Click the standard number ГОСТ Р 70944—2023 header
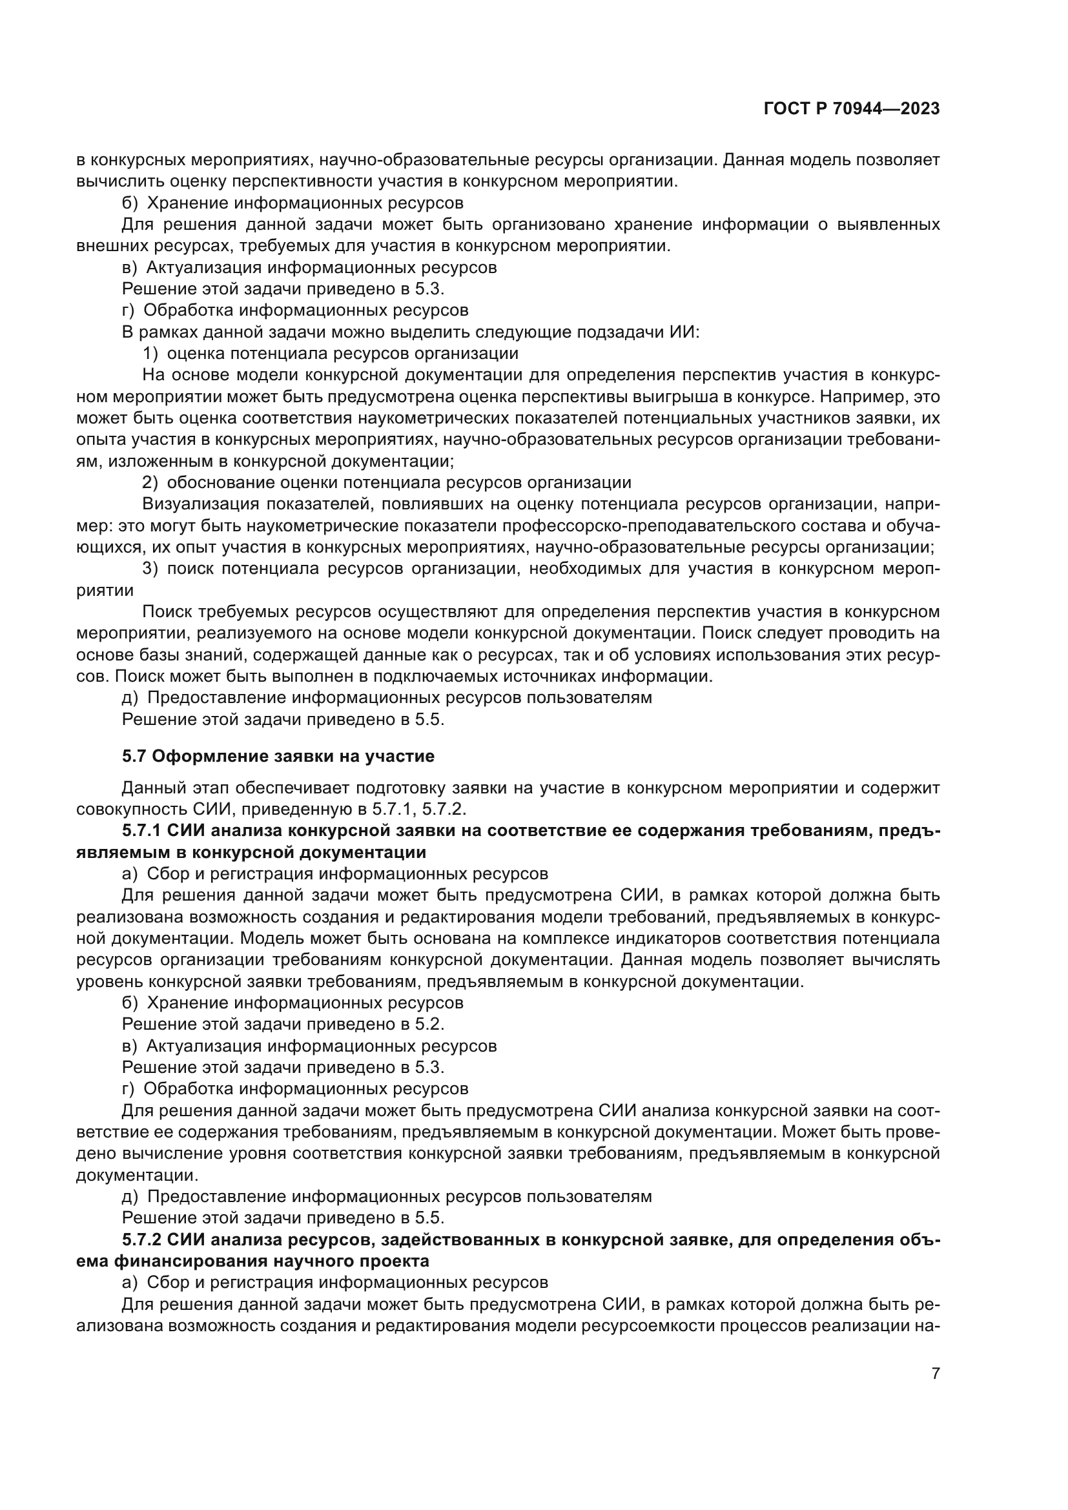[x=851, y=109]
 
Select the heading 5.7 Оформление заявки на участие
[x=278, y=757]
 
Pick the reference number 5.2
[x=429, y=1024]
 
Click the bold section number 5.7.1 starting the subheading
[x=142, y=832]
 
